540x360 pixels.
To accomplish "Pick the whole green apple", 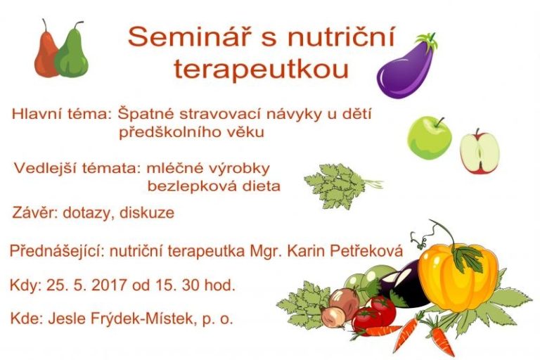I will click(429, 138).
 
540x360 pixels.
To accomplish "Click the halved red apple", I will click(480, 152).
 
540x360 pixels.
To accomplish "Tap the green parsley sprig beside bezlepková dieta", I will click(340, 185).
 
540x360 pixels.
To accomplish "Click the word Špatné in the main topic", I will click(146, 114).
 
